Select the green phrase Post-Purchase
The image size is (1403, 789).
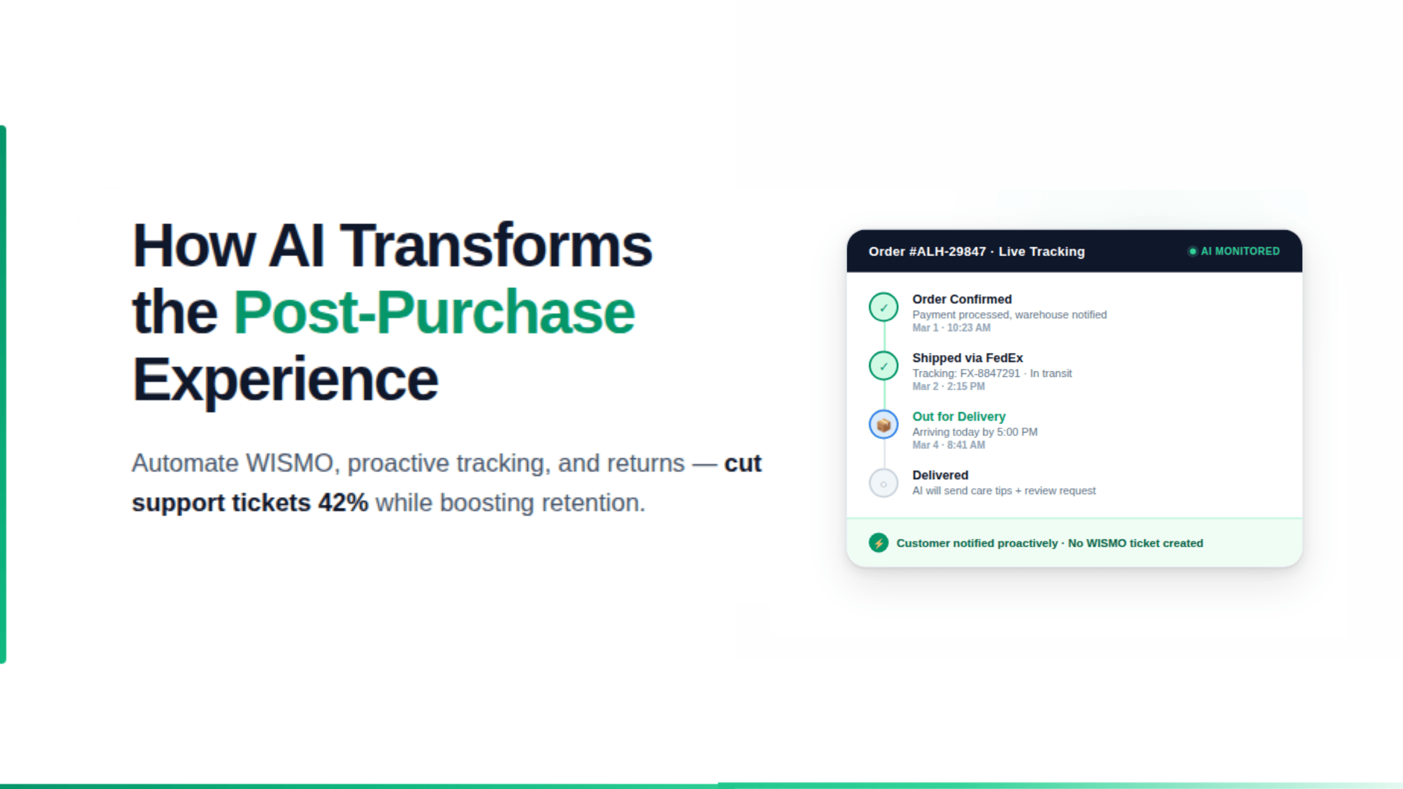[434, 312]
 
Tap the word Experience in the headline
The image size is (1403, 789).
[285, 379]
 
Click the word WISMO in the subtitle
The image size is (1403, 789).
[289, 463]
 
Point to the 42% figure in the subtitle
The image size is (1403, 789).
[343, 503]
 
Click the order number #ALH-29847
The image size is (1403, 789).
[947, 252]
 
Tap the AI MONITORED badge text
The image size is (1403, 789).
[1240, 251]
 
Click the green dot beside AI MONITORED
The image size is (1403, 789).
[1193, 251]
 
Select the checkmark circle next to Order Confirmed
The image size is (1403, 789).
[883, 307]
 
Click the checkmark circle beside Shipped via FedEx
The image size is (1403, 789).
[883, 366]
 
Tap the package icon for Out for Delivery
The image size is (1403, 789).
[883, 425]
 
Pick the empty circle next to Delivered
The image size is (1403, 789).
[883, 483]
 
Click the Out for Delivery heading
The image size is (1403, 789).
[958, 416]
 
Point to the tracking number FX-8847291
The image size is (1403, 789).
[990, 373]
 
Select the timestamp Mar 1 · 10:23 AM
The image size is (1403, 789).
[951, 327]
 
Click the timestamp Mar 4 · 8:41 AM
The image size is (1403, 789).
[948, 445]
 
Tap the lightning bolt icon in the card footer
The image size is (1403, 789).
[878, 543]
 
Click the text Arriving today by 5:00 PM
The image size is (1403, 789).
[975, 431]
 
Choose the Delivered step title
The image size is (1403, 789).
[940, 475]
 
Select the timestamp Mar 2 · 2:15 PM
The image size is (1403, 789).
[948, 386]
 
